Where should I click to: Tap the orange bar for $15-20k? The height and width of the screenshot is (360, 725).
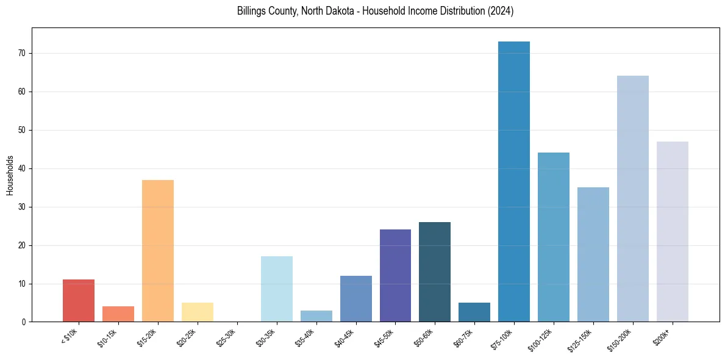pos(157,251)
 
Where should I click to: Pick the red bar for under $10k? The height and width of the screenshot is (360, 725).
pos(78,301)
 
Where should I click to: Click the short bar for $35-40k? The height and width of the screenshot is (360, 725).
pos(316,316)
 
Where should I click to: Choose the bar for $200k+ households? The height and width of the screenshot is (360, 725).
pos(672,231)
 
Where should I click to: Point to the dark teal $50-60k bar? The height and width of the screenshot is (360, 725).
pos(434,272)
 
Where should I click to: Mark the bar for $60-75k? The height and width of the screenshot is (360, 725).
pos(474,312)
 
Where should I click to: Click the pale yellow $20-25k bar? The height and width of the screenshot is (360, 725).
pos(197,312)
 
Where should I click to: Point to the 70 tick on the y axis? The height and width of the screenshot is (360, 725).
pos(24,54)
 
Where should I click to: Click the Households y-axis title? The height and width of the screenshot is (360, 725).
pos(10,175)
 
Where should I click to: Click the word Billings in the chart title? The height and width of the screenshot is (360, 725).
pos(252,12)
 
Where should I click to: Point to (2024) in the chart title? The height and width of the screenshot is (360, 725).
pos(501,12)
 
